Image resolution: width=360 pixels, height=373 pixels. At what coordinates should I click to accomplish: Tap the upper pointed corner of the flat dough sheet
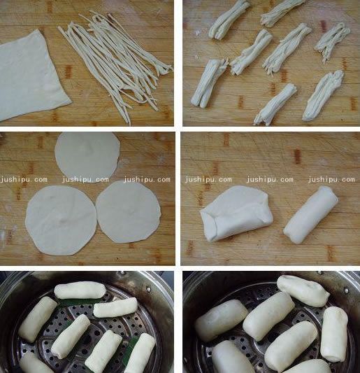click(x=46, y=32)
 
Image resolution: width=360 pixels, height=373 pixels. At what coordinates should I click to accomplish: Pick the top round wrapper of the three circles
click(x=87, y=155)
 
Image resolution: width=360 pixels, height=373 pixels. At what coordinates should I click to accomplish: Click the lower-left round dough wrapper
click(x=59, y=218)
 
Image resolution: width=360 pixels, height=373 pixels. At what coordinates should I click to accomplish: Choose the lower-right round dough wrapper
click(x=129, y=212)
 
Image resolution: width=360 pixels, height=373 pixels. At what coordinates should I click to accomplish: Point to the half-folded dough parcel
click(x=234, y=213)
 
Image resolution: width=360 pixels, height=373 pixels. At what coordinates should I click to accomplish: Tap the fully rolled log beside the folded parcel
click(x=311, y=215)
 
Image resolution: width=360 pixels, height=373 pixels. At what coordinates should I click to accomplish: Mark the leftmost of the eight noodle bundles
click(x=209, y=82)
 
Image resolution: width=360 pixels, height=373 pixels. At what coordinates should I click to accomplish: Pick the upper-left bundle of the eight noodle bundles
click(x=230, y=19)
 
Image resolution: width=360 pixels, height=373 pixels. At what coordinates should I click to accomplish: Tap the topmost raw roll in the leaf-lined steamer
click(x=79, y=290)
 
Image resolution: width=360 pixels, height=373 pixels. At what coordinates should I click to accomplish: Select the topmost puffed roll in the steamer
click(x=303, y=290)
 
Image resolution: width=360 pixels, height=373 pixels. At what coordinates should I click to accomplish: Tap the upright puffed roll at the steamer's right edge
click(x=333, y=334)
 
